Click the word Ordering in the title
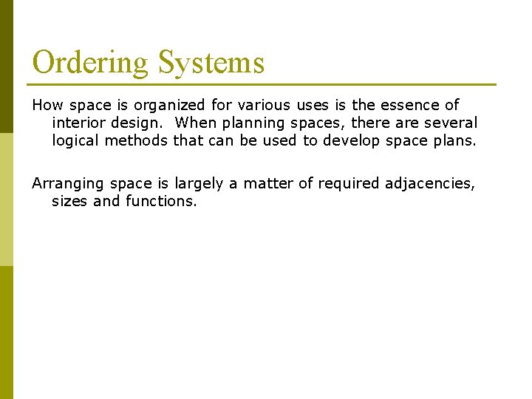pos(90,63)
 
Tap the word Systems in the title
pos(211,63)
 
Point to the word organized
pos(171,106)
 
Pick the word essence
pos(395,106)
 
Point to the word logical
pos(76,140)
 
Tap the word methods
pos(136,140)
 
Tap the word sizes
pos(70,200)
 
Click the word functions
pos(161,200)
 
